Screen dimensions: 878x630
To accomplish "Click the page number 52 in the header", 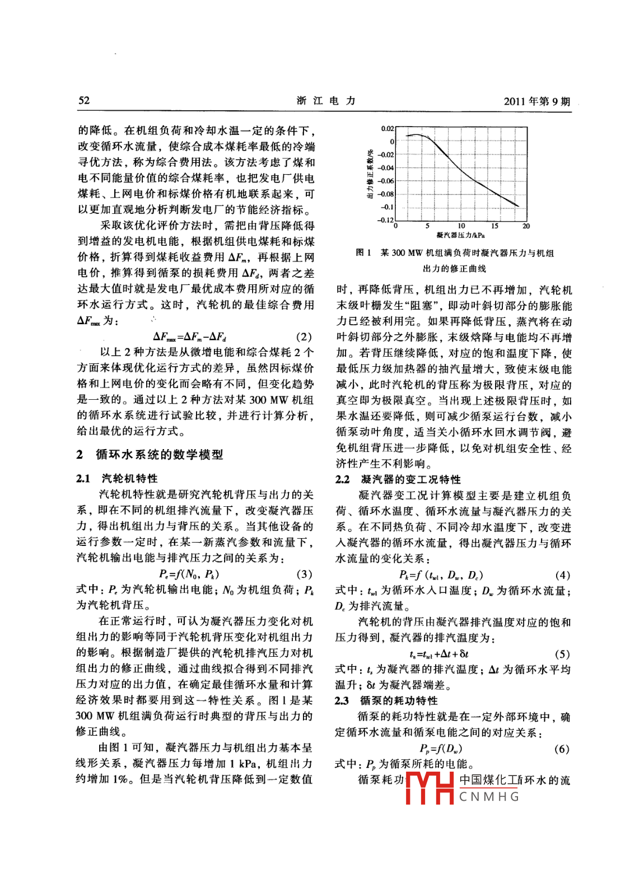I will pyautogui.click(x=84, y=101).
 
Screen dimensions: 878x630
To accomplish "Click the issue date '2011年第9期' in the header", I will pyautogui.click(x=536, y=101).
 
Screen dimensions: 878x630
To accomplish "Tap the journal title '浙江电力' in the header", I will pyautogui.click(x=326, y=101).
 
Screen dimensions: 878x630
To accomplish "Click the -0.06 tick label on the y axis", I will pyautogui.click(x=385, y=181).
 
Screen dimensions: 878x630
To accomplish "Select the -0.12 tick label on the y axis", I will pyautogui.click(x=385, y=219).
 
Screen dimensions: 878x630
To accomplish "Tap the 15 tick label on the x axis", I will pyautogui.click(x=494, y=226).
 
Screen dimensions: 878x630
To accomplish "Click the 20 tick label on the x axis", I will pyautogui.click(x=526, y=226).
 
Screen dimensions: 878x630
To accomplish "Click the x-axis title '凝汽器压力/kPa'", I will pyautogui.click(x=460, y=235).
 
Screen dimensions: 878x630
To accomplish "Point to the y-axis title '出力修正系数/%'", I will pyautogui.click(x=370, y=174).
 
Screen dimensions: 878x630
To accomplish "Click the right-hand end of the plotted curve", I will pyautogui.click(x=518, y=207).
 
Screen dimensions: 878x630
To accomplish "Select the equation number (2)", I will pyautogui.click(x=304, y=337).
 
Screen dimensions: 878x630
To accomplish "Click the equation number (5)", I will pyautogui.click(x=562, y=654).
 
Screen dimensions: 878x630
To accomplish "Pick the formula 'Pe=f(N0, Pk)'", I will pyautogui.click(x=189, y=574).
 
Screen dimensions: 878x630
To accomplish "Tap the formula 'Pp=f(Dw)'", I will pyautogui.click(x=441, y=749).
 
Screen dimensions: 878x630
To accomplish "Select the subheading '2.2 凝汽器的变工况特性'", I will pyautogui.click(x=398, y=479).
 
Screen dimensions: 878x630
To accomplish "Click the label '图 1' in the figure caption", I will pyautogui.click(x=363, y=253).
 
